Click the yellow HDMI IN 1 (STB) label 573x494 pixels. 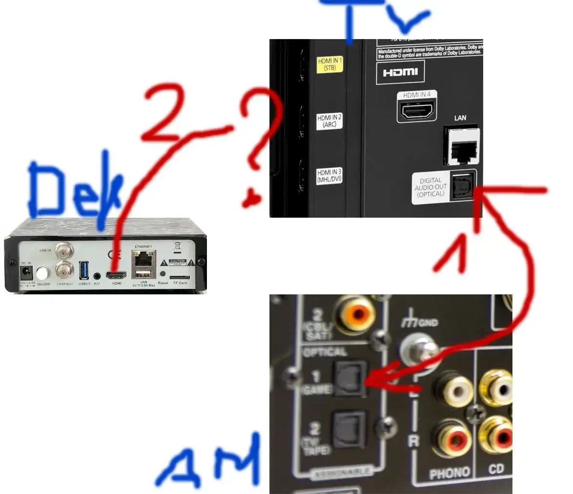coord(330,65)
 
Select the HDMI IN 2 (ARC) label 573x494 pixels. coord(329,121)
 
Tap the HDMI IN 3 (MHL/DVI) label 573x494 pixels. coord(329,176)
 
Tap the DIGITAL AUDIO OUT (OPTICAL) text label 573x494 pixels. coord(430,187)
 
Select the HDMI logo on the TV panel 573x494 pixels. coord(400,73)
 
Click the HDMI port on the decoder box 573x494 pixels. coord(117,275)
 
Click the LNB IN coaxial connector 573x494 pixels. coord(62,251)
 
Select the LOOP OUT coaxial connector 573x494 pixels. coord(62,269)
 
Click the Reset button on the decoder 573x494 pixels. coord(163,274)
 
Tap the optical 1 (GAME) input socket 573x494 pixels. coord(348,378)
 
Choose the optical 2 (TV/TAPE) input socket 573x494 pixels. coord(348,428)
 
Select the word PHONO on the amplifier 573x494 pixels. coord(450,473)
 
